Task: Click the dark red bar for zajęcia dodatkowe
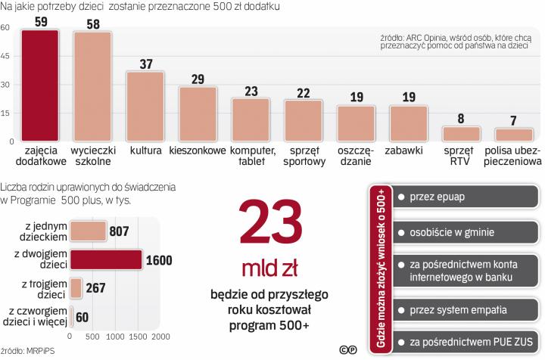pyautogui.click(x=40, y=85)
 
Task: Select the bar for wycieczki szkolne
pyautogui.click(x=92, y=87)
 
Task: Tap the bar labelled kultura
pyautogui.click(x=145, y=107)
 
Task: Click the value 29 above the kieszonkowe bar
pyautogui.click(x=198, y=79)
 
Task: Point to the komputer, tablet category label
pyautogui.click(x=251, y=157)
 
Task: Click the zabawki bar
pyautogui.click(x=409, y=124)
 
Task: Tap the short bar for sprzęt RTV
pyautogui.click(x=462, y=135)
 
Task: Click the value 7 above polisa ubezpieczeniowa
pyautogui.click(x=514, y=121)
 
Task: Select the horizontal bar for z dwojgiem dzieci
pyautogui.click(x=105, y=260)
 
